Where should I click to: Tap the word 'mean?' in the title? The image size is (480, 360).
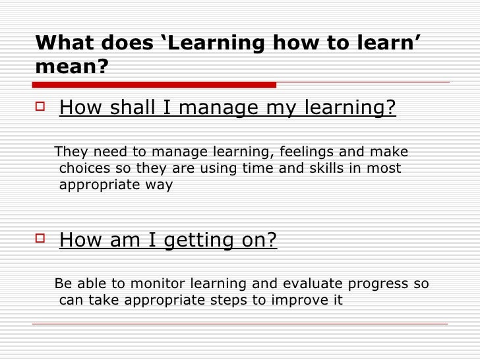click(x=71, y=67)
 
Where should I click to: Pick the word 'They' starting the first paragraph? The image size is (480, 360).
click(x=70, y=151)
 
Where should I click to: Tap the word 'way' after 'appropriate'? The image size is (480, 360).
click(x=161, y=185)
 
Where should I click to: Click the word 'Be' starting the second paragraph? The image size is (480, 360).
click(x=63, y=284)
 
